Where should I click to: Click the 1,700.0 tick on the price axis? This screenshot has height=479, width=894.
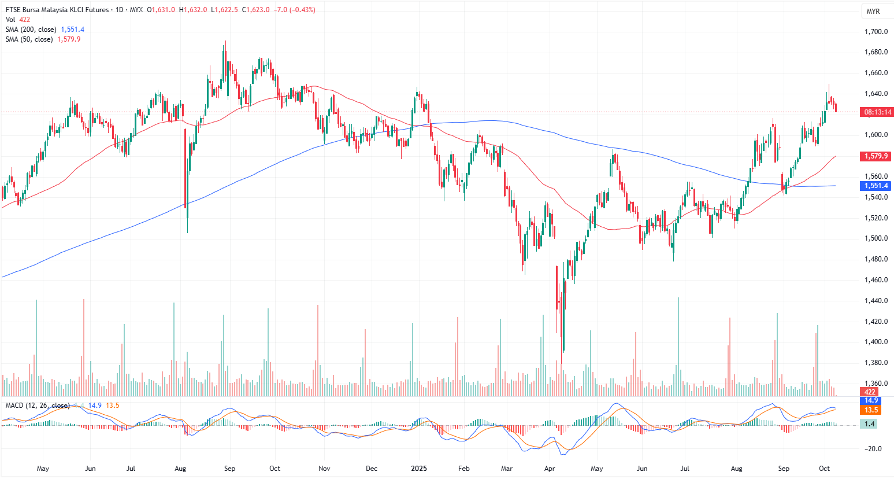tap(876, 32)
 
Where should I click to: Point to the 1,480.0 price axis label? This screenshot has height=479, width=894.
tap(876, 259)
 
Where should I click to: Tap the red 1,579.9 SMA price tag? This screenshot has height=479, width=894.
tap(876, 156)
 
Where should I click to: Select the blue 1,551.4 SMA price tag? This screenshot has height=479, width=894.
tap(876, 186)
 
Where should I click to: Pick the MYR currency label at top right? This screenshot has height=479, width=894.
tap(873, 12)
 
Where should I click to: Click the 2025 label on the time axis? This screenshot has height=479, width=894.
tap(419, 469)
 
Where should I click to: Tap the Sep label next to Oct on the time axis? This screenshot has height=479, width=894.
tap(784, 469)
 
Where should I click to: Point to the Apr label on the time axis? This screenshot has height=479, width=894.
tap(550, 469)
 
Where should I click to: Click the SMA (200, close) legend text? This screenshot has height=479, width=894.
tap(31, 30)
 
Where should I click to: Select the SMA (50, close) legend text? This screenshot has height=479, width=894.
tap(29, 39)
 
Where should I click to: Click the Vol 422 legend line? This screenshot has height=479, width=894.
tap(18, 20)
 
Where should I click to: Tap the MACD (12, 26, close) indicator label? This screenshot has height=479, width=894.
tap(38, 406)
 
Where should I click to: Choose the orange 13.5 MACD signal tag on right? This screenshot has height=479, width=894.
tap(871, 410)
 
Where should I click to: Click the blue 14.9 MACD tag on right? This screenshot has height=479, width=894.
tap(871, 400)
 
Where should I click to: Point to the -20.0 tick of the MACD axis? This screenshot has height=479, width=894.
tap(873, 449)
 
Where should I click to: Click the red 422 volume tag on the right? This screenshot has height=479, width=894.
tap(870, 392)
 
